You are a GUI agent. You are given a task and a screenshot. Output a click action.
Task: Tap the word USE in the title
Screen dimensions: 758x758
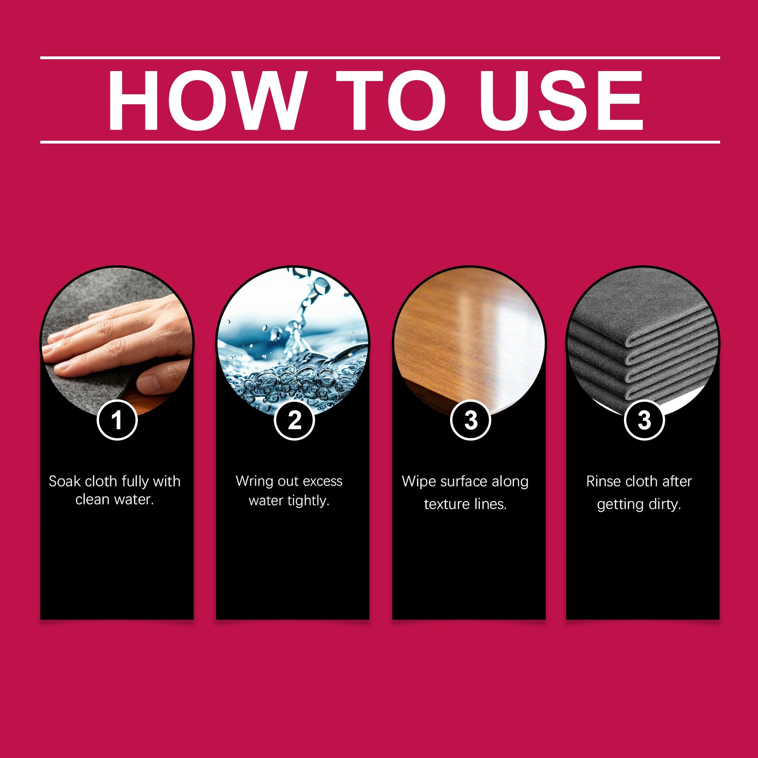click(561, 100)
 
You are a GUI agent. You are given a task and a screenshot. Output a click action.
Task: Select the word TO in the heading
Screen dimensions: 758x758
click(391, 100)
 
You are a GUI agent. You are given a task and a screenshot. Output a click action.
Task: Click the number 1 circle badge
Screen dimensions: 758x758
click(117, 420)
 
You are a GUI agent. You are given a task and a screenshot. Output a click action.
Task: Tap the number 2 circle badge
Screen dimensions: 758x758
click(294, 420)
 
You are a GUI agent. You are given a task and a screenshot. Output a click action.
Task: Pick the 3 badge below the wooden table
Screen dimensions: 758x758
click(470, 420)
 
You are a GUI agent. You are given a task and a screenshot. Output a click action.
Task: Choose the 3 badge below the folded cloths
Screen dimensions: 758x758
click(644, 420)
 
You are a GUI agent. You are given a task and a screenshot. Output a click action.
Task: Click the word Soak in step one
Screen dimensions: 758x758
click(64, 481)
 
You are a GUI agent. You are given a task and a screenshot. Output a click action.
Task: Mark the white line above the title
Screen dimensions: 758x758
click(380, 58)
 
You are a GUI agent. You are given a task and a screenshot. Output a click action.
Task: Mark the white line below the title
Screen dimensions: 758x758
click(380, 142)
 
